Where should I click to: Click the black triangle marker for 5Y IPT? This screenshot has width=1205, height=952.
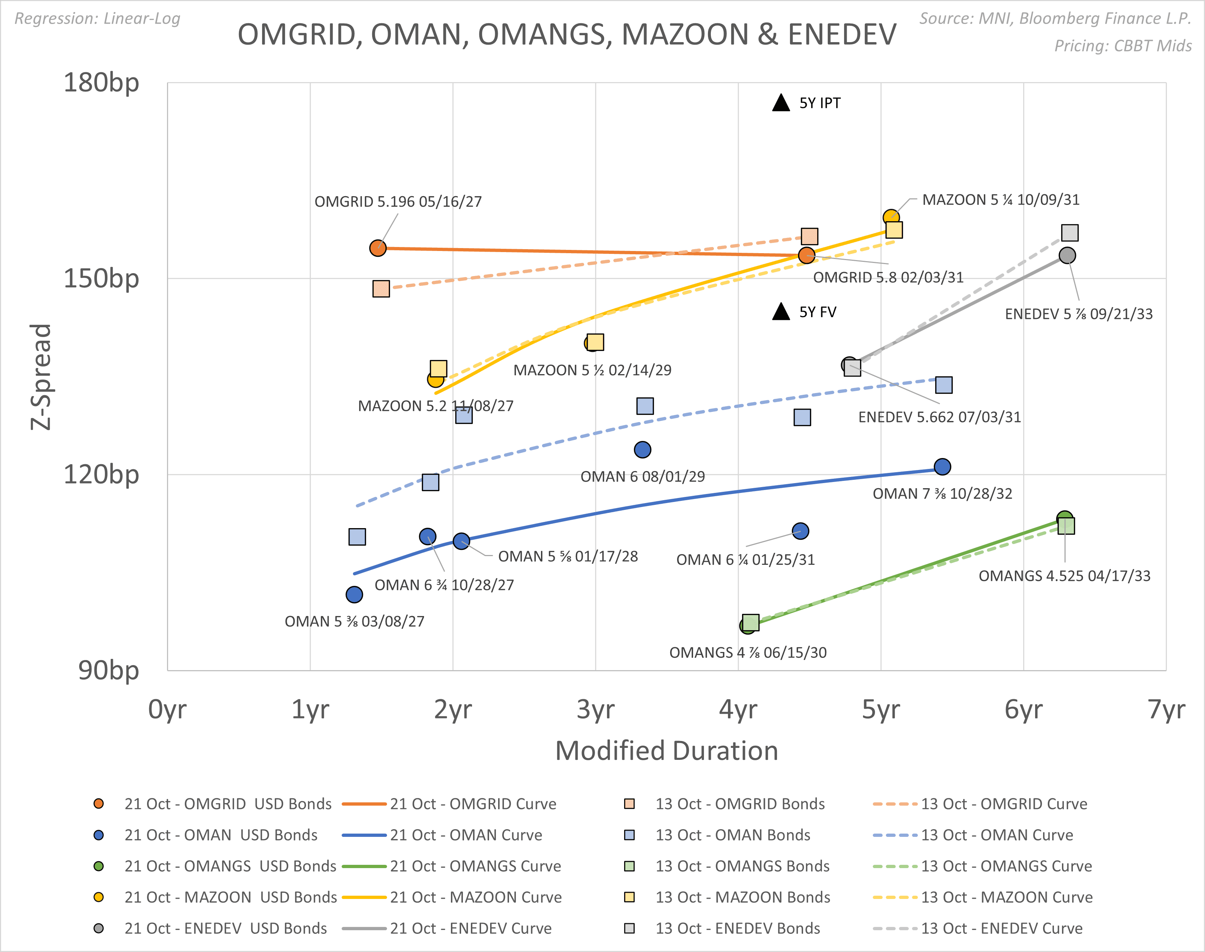[781, 103]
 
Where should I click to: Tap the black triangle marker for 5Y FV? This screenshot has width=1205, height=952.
[781, 312]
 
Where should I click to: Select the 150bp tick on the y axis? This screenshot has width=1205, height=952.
[101, 278]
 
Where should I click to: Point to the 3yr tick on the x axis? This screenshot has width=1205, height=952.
[595, 709]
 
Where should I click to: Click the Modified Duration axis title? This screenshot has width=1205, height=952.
[666, 751]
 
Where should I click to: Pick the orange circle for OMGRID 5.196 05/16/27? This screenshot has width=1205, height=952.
[378, 248]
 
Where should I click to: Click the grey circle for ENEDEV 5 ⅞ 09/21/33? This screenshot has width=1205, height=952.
[1067, 256]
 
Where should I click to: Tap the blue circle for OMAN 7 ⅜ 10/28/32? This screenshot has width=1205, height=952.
[942, 466]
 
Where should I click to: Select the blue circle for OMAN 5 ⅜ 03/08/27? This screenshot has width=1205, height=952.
[354, 595]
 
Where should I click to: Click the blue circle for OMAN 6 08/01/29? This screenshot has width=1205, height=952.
[642, 450]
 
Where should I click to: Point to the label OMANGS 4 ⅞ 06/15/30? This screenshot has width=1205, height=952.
[748, 653]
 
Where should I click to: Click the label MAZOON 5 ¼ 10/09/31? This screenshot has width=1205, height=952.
[1001, 199]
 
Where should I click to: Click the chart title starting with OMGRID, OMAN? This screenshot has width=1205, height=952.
[567, 35]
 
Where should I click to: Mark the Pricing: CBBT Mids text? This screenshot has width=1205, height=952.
[1123, 46]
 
